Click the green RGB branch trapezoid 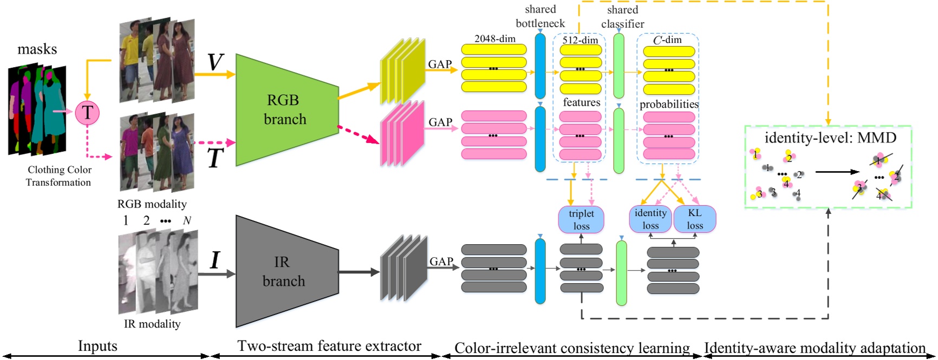[x=284, y=110]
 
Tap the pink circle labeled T [x=87, y=113]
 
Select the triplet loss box [x=581, y=220]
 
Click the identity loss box [x=650, y=219]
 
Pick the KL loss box [x=695, y=219]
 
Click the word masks [x=37, y=49]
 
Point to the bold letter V [x=215, y=62]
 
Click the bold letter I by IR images [x=215, y=260]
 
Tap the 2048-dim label [x=495, y=38]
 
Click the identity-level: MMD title [x=830, y=138]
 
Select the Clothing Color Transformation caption [x=59, y=176]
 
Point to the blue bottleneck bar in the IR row [x=540, y=271]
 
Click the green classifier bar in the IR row [x=621, y=273]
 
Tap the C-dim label [x=667, y=40]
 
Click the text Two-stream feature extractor [x=329, y=346]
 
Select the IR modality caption [x=152, y=324]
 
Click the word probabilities [x=669, y=104]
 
